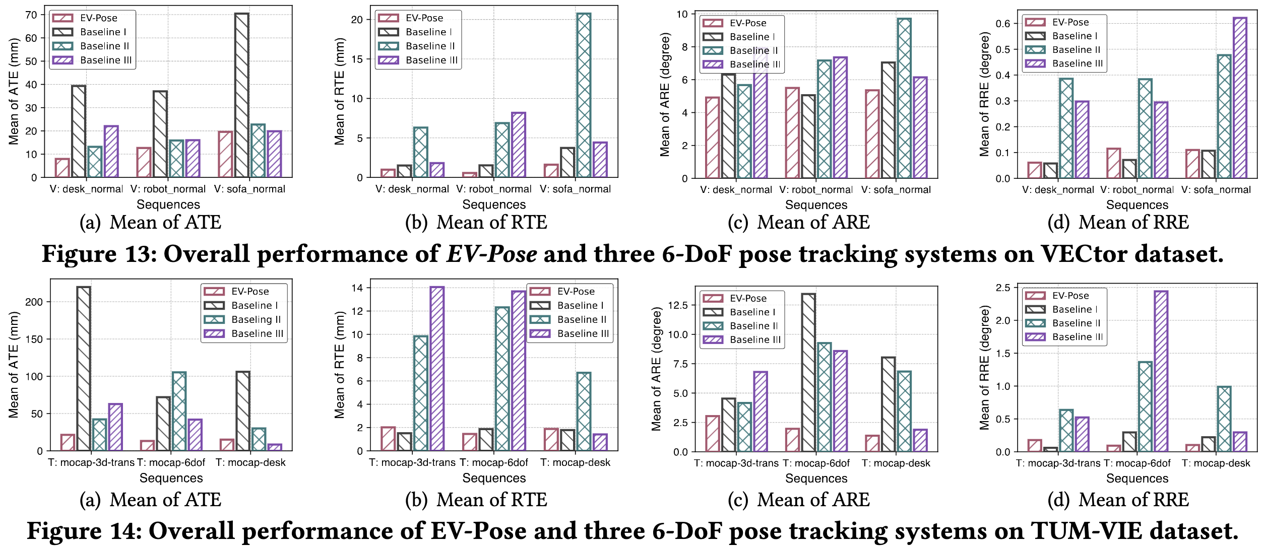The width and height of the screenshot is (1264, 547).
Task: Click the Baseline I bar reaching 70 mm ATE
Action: [241, 96]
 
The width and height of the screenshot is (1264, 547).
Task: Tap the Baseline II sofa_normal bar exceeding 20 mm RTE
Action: [584, 96]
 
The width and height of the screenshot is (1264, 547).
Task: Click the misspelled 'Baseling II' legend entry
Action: [256, 319]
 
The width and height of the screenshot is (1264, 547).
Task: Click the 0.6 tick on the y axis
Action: [1003, 24]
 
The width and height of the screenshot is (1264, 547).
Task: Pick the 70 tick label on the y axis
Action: [31, 15]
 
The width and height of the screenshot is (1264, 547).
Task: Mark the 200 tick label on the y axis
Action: [34, 302]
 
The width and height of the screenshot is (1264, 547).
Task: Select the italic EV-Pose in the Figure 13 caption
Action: [491, 254]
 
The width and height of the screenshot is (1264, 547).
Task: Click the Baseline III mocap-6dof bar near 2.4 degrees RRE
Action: [1161, 371]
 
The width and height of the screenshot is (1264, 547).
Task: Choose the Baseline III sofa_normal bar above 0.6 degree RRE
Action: [1240, 98]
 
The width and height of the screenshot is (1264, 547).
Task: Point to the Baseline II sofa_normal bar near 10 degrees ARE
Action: [904, 99]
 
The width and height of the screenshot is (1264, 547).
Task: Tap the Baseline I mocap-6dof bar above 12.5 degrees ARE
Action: [808, 372]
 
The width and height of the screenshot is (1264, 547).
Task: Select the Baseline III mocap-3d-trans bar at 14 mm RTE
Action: [437, 369]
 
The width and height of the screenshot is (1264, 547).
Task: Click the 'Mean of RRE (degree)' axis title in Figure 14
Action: [984, 368]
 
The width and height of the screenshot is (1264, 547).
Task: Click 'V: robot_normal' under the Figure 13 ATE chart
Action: [168, 189]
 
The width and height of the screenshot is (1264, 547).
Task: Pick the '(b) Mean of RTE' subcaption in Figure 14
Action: [476, 500]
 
